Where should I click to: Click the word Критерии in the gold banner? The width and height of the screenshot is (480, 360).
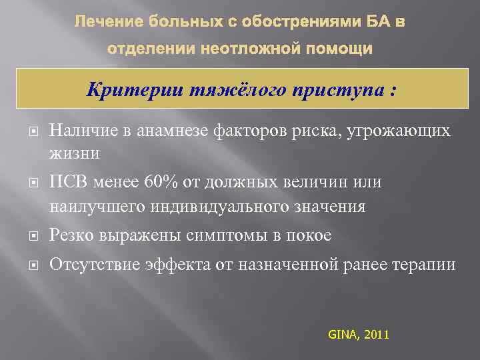tap(129, 91)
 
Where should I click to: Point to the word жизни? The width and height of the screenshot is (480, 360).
tap(74, 153)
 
